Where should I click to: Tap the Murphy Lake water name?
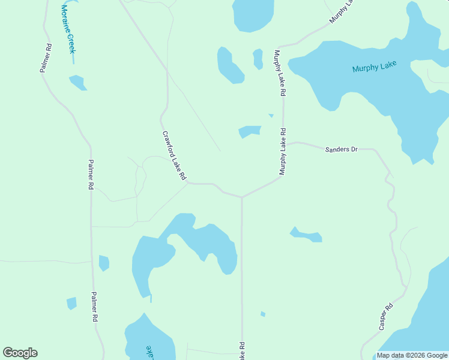[374, 67]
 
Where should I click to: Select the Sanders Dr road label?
[341, 148]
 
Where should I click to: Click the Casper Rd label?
[386, 317]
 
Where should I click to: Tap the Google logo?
[20, 353]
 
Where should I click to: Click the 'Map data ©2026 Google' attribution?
[412, 355]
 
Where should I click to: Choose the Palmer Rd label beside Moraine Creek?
[46, 58]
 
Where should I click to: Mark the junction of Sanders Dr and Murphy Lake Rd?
[284, 145]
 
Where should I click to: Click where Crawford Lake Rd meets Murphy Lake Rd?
[241, 196]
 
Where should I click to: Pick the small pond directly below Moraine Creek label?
[78, 82]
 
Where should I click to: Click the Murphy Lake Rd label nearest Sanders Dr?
[282, 151]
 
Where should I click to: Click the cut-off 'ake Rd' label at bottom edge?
[242, 351]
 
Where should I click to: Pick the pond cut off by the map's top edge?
[253, 13]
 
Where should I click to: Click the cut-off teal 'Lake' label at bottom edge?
[148, 352]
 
